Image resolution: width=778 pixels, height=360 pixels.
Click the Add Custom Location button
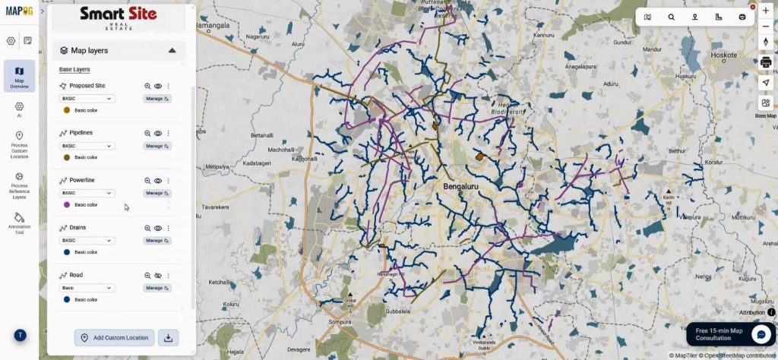115,337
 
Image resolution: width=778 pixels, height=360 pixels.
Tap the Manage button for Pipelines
157,146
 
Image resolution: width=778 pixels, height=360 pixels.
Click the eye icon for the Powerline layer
158,181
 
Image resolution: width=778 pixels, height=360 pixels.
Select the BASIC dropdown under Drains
87,241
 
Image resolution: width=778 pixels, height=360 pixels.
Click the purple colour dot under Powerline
67,205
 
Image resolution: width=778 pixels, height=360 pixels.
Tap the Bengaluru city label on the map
460,185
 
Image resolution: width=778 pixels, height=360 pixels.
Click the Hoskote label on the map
723,55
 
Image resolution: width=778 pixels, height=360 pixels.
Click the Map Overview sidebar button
20,76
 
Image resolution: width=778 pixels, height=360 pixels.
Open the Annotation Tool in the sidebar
20,223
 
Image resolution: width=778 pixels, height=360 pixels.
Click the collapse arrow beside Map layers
172,50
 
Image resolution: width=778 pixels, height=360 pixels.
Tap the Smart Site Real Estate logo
119,17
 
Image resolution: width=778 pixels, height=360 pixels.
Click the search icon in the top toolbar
671,17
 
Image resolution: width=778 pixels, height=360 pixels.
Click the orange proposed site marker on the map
479,156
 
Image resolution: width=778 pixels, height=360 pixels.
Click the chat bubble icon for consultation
761,334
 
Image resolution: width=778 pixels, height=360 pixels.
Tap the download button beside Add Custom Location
169,337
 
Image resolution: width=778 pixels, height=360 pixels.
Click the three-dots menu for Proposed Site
169,87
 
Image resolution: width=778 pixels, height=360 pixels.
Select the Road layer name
76,275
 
